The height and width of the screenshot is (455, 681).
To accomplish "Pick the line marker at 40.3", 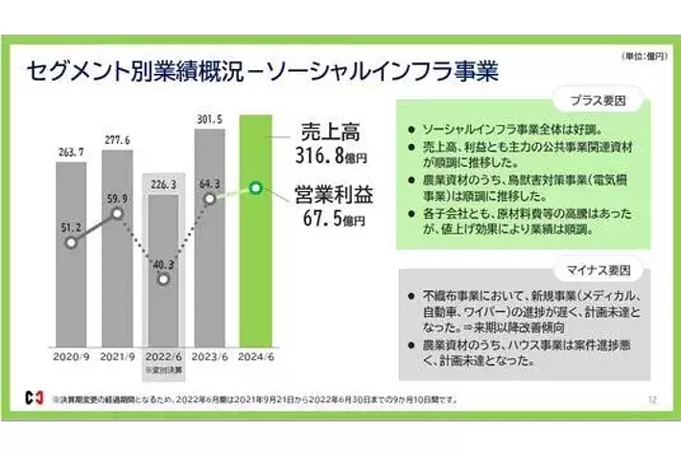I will [x=163, y=279].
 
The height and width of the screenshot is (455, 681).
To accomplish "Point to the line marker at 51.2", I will [x=71, y=243].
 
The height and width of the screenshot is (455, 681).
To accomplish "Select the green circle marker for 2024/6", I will [x=255, y=187].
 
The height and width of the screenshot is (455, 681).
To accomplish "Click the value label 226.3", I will [x=163, y=184].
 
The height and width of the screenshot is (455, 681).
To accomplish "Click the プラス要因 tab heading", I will [x=597, y=101].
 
